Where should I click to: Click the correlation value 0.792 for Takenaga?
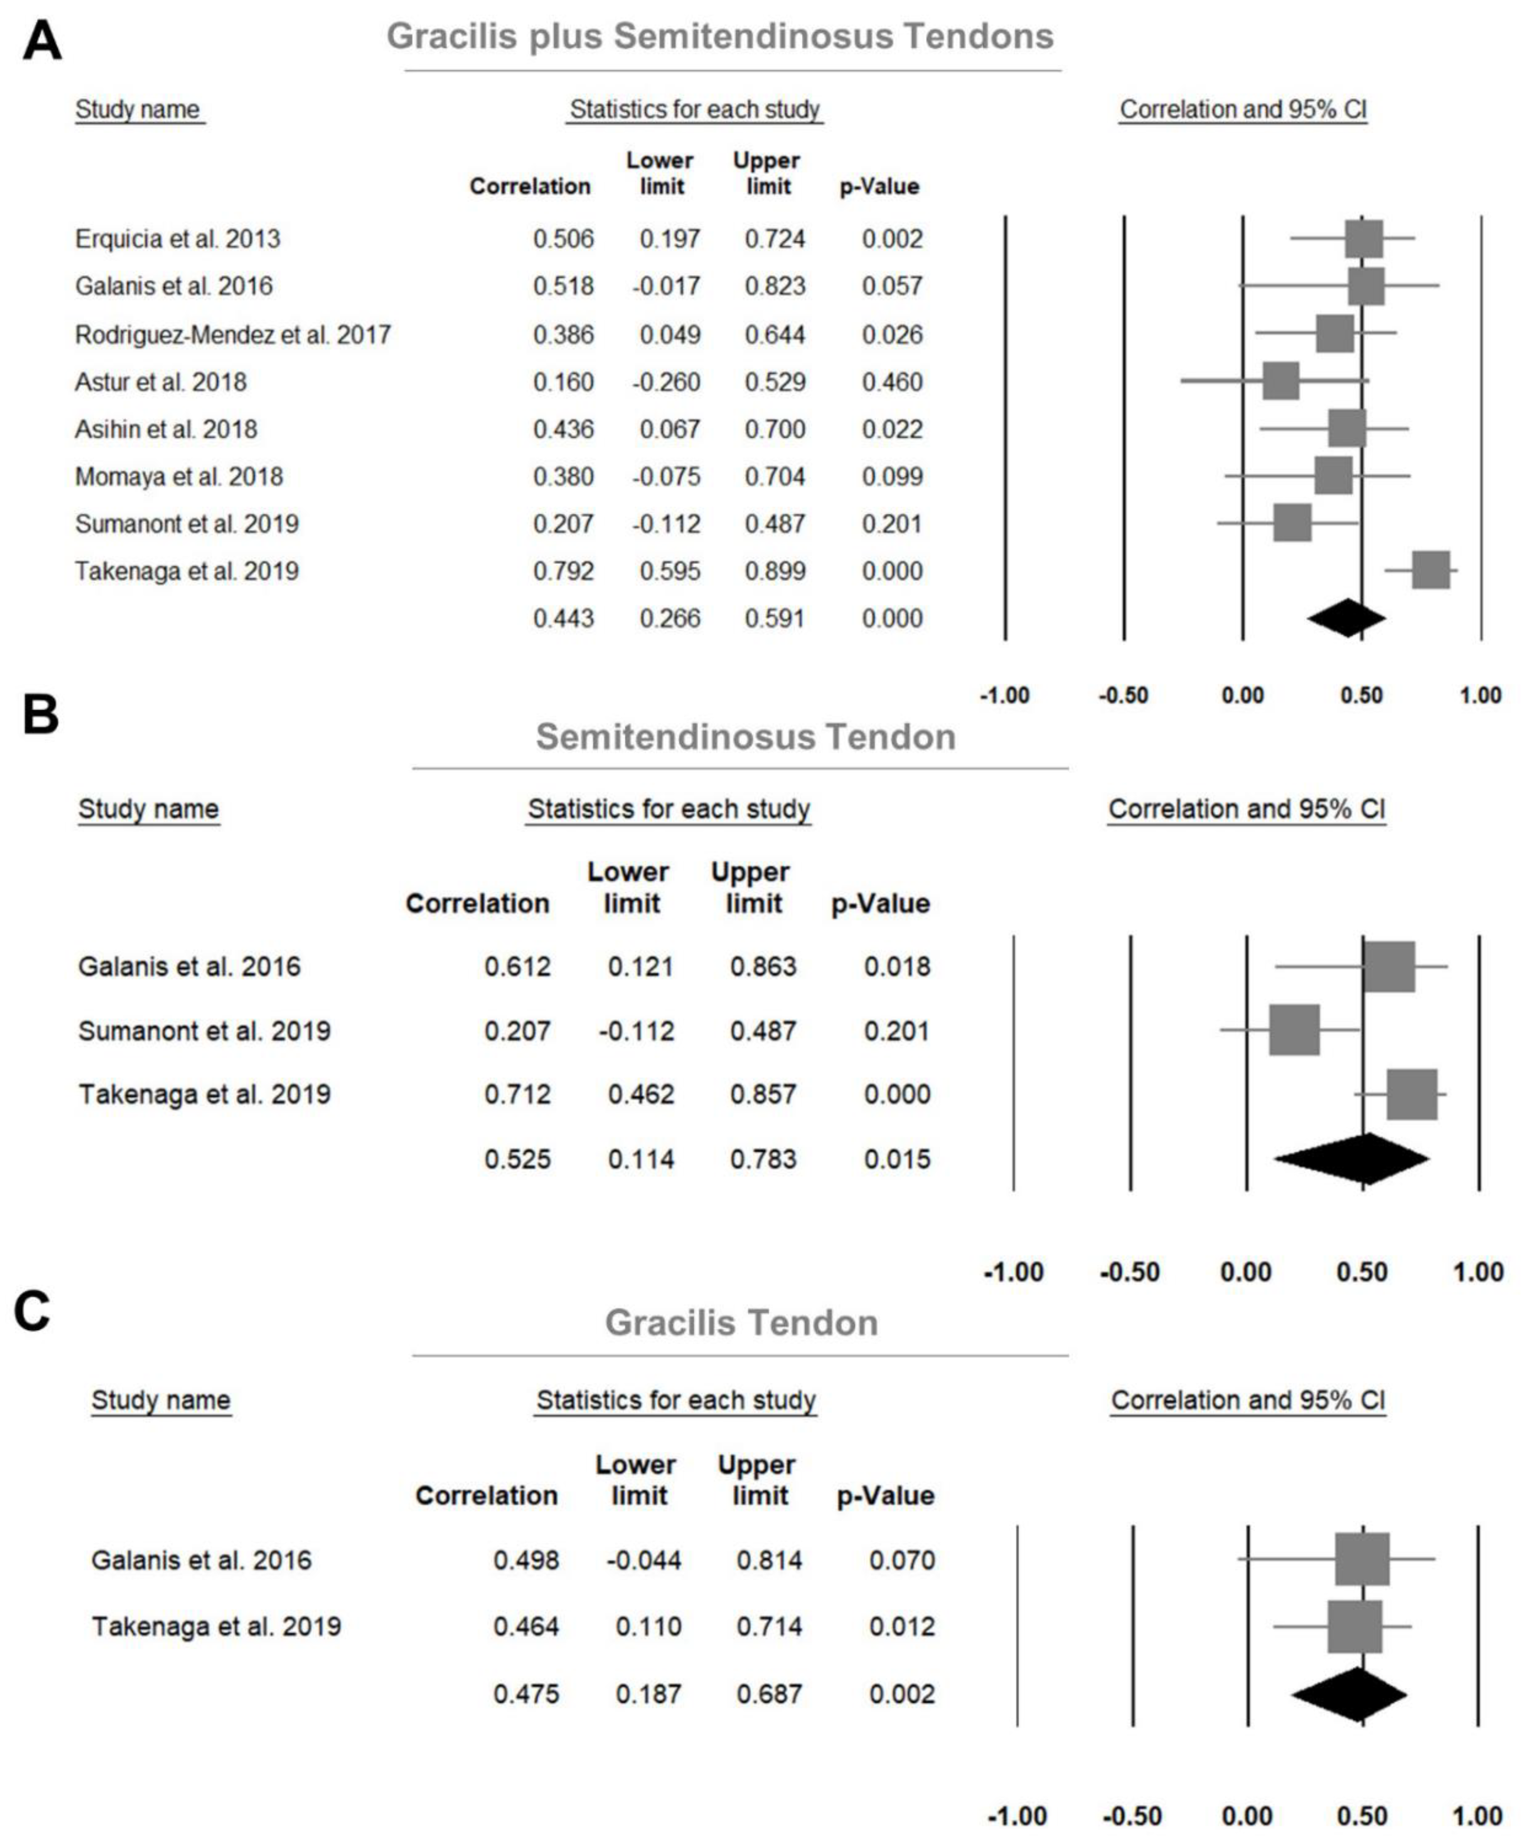(x=563, y=571)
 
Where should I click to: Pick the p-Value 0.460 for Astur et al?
(x=892, y=382)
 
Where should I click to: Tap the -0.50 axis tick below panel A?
(x=1123, y=696)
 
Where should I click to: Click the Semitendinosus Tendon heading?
(x=746, y=737)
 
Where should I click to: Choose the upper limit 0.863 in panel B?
(x=763, y=966)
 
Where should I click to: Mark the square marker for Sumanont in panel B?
(x=1294, y=1030)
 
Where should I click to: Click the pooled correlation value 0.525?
(x=518, y=1159)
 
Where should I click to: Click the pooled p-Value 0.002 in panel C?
(x=902, y=1694)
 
